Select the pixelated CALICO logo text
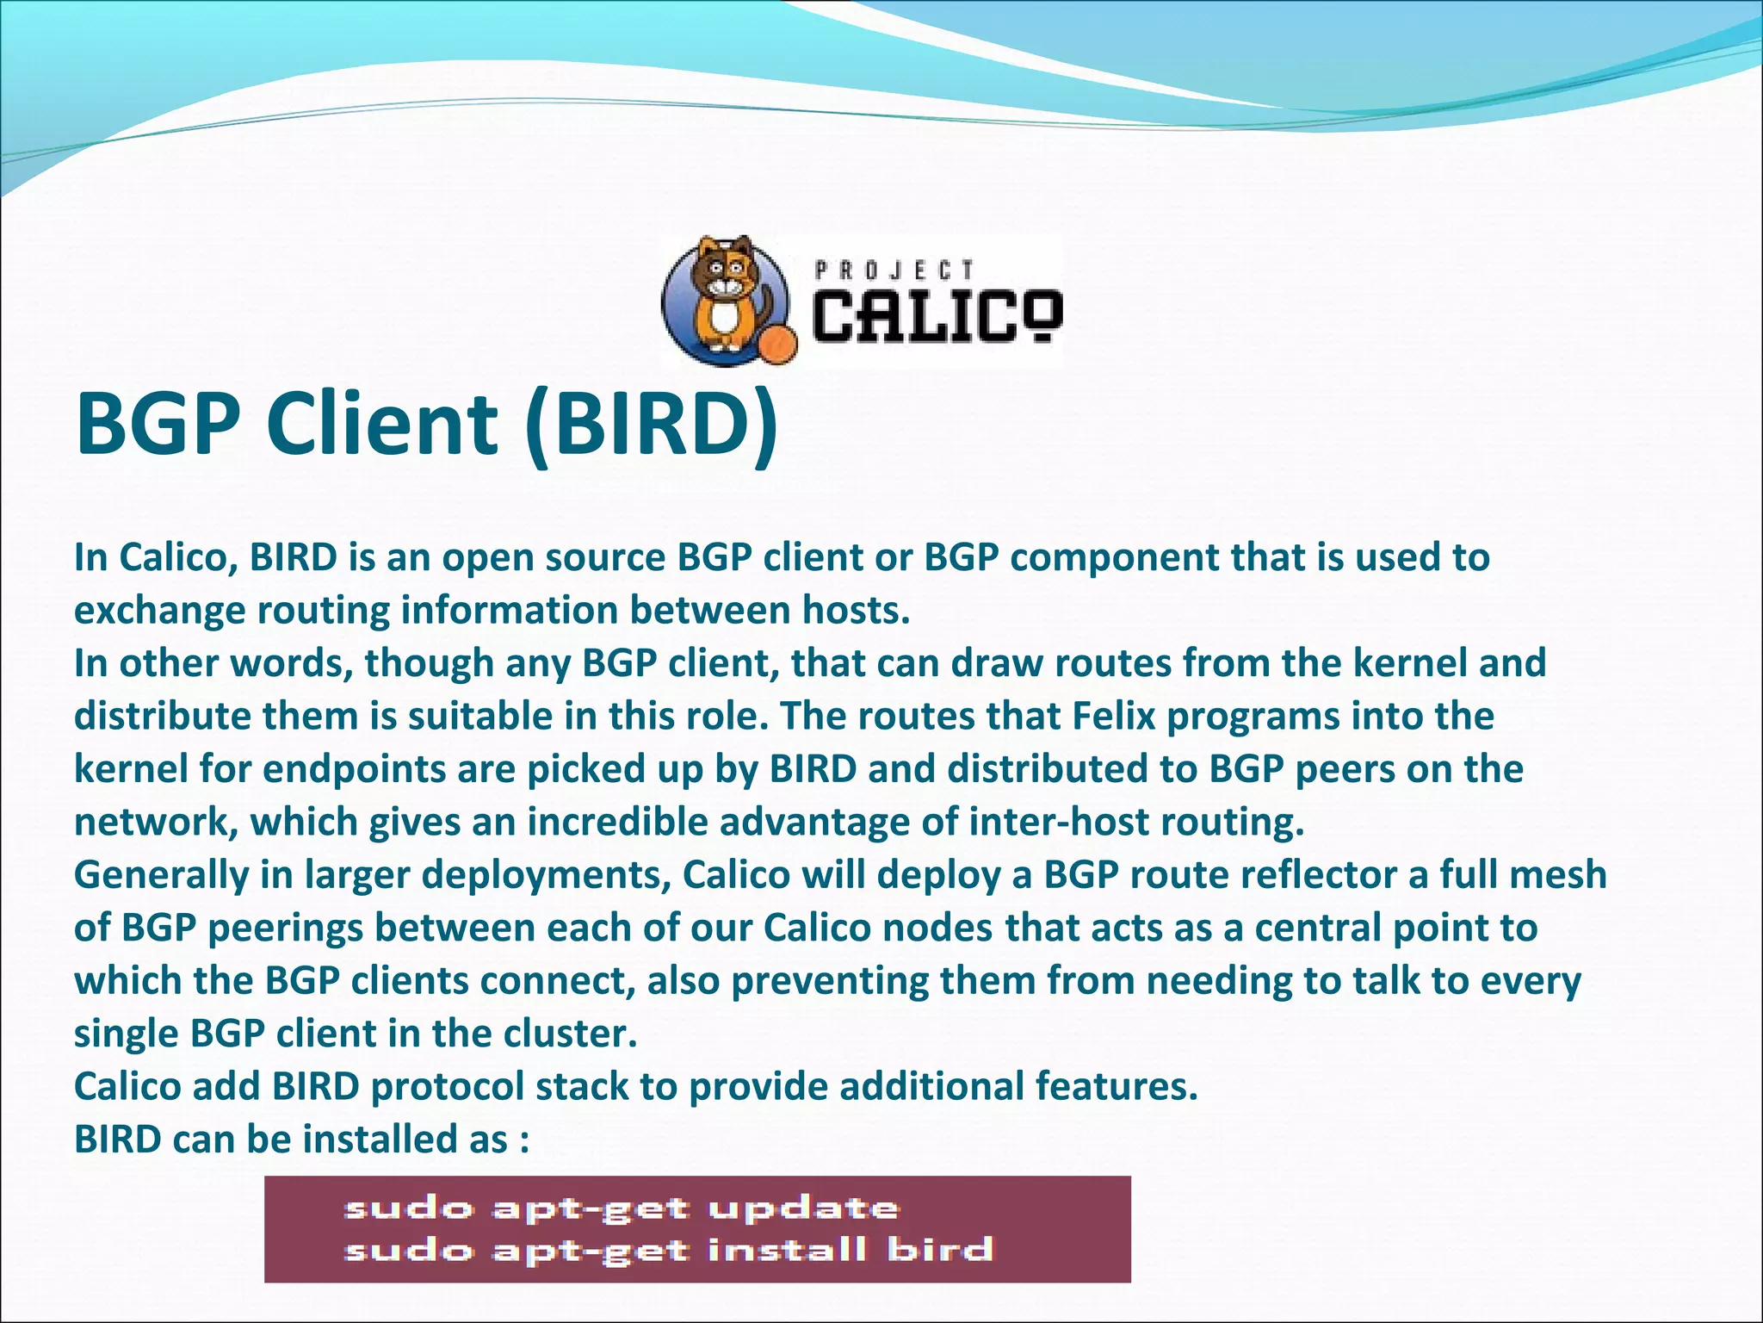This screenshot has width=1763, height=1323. pyautogui.click(x=937, y=315)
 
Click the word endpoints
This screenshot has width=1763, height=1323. pyautogui.click(x=355, y=769)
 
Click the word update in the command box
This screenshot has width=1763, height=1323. pyautogui.click(x=803, y=1208)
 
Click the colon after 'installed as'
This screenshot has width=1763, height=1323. pyautogui.click(x=523, y=1140)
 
